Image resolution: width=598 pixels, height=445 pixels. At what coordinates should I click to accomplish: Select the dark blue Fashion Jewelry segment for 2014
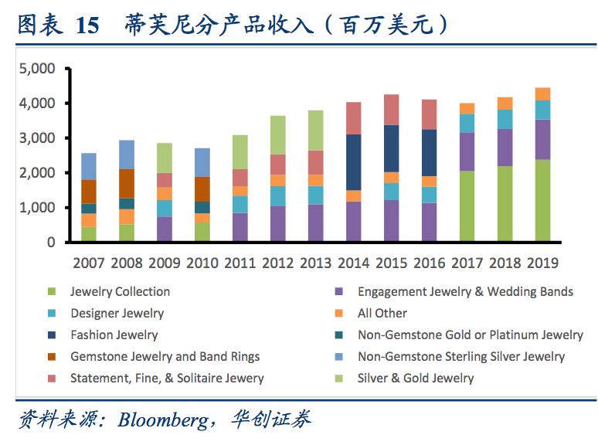(x=353, y=162)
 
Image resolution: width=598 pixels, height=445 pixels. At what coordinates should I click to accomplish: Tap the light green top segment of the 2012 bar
(x=277, y=135)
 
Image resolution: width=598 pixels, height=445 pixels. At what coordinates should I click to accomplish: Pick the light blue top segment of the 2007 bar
(x=89, y=166)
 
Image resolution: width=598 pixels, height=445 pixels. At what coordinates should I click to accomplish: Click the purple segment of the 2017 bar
(x=467, y=151)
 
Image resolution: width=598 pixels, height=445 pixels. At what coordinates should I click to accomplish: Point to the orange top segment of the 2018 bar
(x=505, y=104)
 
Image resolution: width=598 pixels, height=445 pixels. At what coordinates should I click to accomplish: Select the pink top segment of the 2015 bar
(x=391, y=110)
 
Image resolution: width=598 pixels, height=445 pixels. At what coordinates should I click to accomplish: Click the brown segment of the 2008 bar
(x=127, y=184)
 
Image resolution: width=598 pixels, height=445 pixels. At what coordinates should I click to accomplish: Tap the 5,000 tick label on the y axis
(x=37, y=69)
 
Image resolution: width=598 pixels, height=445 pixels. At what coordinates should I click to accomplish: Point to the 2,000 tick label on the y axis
(x=37, y=173)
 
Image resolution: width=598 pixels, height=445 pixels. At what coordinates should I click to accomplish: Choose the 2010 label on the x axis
(x=202, y=263)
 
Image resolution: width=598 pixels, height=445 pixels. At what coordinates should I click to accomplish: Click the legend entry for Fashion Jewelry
(x=114, y=335)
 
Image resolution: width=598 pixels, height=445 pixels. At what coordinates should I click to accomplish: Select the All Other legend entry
(x=382, y=313)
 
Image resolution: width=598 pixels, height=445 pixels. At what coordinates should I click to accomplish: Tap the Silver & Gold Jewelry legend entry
(x=415, y=378)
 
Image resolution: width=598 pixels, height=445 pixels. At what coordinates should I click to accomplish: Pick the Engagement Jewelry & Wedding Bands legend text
(x=465, y=291)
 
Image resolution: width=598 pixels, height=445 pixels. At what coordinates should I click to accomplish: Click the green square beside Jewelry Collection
(x=52, y=292)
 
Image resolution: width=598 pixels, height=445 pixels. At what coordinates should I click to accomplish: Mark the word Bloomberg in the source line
(x=161, y=420)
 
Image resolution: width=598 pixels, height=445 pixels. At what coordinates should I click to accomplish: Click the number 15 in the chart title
(x=87, y=25)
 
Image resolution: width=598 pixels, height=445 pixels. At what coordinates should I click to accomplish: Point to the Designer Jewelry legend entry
(x=117, y=313)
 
